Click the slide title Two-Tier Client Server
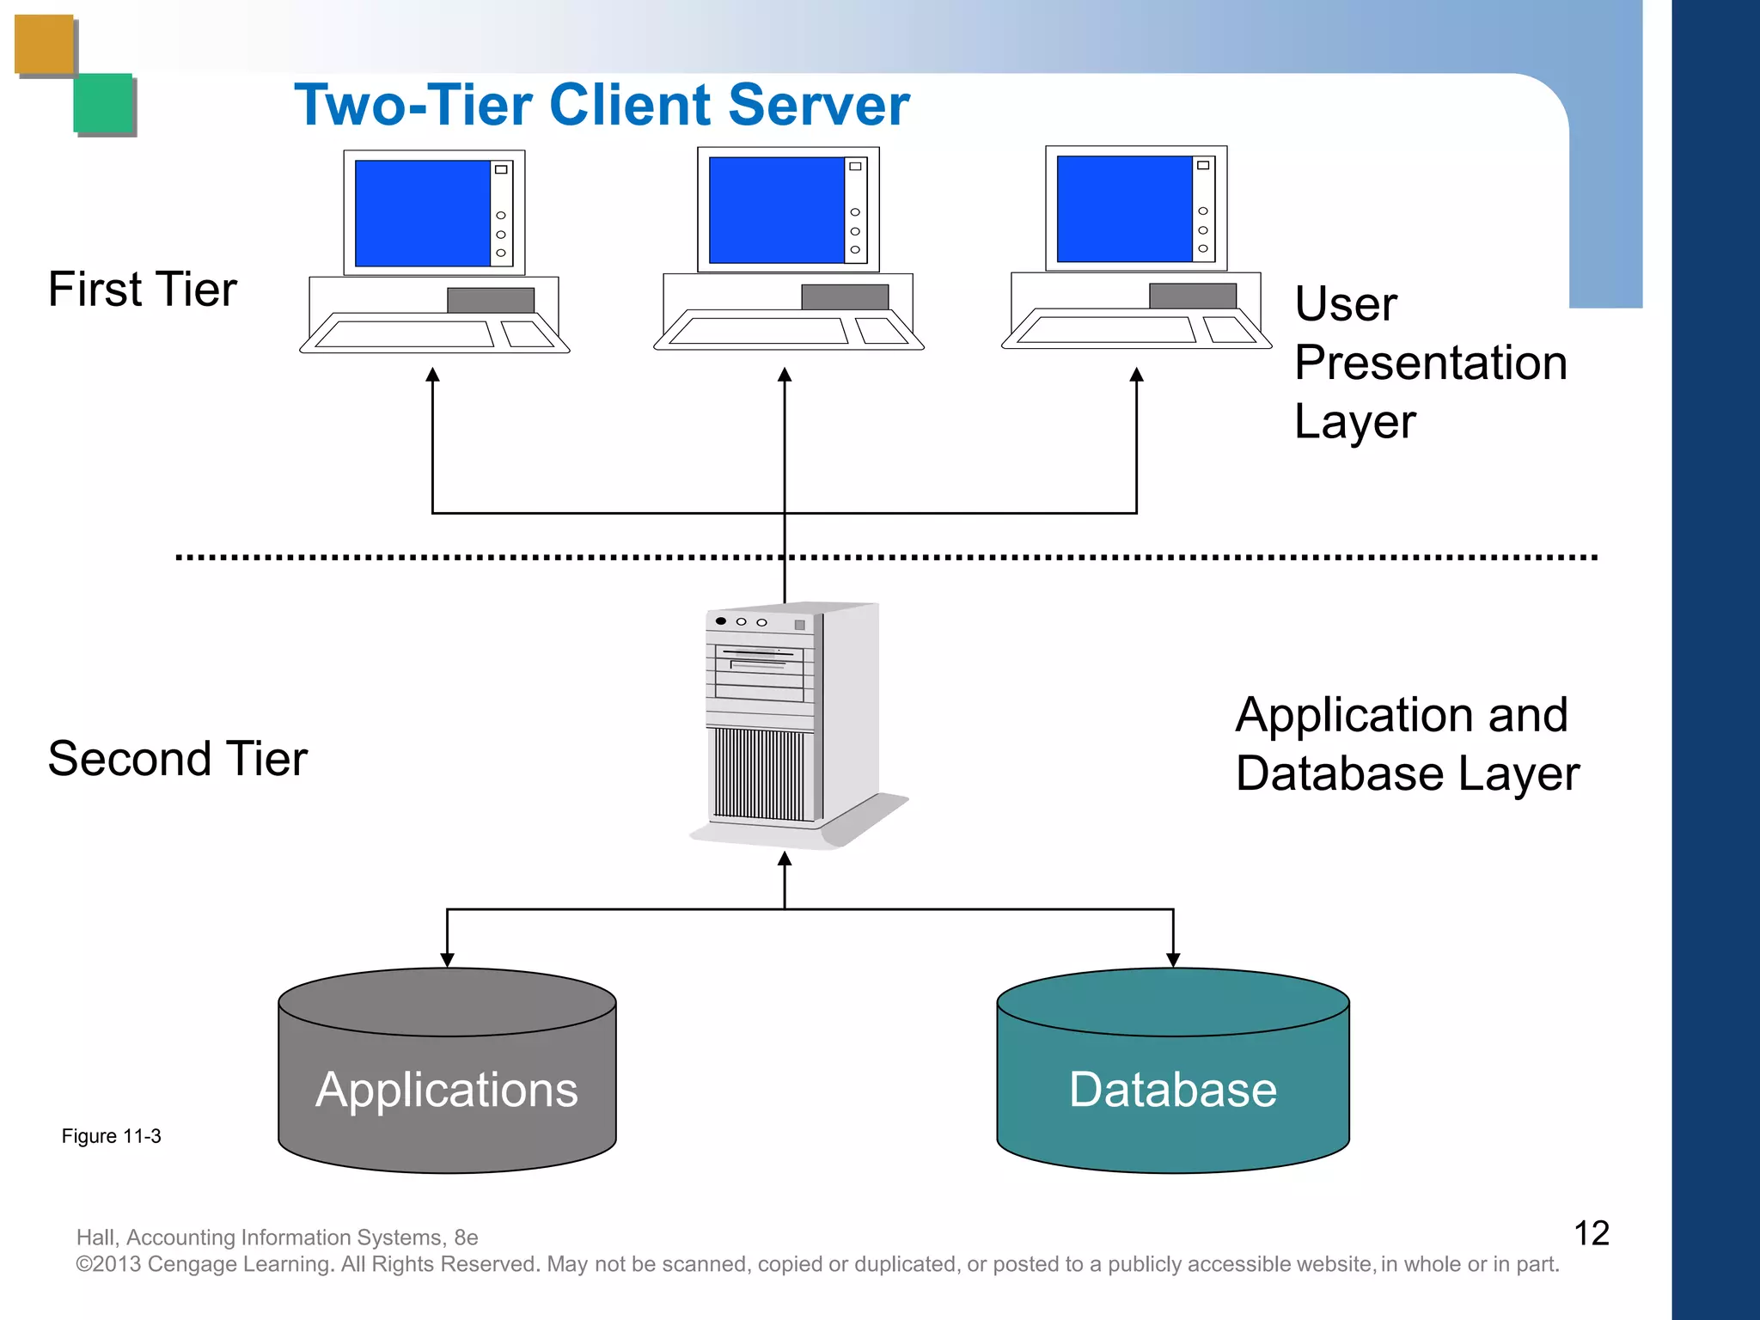tap(602, 105)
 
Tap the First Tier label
tap(143, 289)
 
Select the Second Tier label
tap(177, 758)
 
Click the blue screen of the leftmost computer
tap(422, 212)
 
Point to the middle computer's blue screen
tap(776, 209)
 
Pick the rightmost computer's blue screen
tap(1124, 208)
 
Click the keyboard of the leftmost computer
tap(404, 333)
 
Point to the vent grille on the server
tap(760, 774)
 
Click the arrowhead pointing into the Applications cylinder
tap(447, 959)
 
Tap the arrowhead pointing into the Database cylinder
tap(1173, 959)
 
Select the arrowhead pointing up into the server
tap(785, 859)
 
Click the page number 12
tap(1591, 1233)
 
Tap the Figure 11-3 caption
tap(111, 1136)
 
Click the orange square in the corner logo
tap(44, 45)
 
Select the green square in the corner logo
tap(103, 102)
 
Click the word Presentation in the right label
tap(1431, 363)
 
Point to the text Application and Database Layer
tap(1406, 744)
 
